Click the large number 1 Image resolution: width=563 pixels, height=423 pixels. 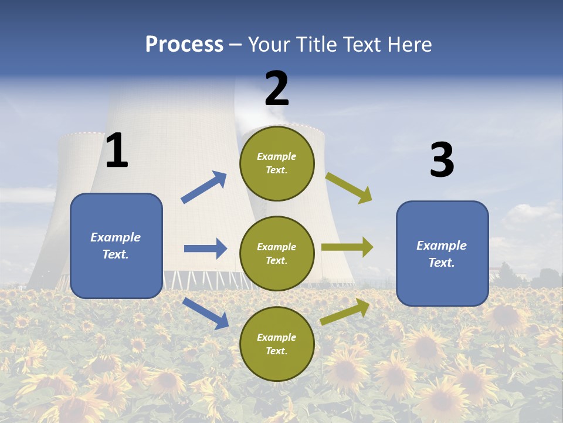coord(117,150)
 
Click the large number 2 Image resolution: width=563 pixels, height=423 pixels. coord(277,88)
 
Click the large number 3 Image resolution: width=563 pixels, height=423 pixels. coord(442,160)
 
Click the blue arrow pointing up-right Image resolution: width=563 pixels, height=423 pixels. coord(204,187)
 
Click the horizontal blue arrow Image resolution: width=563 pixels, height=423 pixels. coord(205,249)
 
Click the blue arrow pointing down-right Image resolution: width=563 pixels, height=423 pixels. coord(206,313)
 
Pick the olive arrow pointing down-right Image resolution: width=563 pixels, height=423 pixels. coord(349,188)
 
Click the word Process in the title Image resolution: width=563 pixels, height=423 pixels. coord(184,45)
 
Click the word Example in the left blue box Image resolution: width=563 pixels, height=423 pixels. coord(116,237)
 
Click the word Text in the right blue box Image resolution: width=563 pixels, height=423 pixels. coord(441,263)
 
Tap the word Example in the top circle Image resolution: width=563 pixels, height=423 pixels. coord(277,156)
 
